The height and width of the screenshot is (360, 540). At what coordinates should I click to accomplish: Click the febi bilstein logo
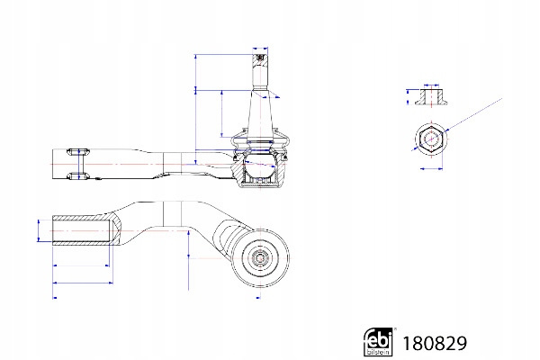click(x=378, y=341)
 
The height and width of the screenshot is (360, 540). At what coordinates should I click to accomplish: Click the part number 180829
click(x=435, y=344)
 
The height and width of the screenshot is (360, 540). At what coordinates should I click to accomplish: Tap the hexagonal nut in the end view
click(x=431, y=139)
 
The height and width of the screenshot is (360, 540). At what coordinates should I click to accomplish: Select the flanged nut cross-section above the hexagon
click(x=431, y=97)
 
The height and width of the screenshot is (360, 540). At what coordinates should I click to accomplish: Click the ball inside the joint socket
click(x=260, y=166)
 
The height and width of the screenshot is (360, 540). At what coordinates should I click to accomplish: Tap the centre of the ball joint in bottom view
click(x=260, y=257)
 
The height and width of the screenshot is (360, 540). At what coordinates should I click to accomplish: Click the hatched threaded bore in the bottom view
click(x=83, y=230)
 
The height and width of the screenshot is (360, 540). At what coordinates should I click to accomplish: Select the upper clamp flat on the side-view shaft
click(x=79, y=151)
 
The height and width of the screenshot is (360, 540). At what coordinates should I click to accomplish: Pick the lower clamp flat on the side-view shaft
click(x=79, y=175)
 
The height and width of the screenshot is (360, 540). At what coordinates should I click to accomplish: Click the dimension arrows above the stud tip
click(x=260, y=49)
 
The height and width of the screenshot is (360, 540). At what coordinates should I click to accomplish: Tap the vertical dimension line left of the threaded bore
click(x=39, y=230)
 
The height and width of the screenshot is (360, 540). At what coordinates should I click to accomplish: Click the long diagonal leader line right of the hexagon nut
click(x=472, y=114)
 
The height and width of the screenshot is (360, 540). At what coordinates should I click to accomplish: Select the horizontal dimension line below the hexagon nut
click(x=431, y=169)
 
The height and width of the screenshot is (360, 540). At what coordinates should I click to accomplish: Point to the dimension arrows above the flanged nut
click(x=431, y=85)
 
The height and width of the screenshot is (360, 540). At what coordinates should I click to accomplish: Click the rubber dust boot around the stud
click(x=260, y=141)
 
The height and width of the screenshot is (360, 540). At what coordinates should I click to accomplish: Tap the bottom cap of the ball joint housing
click(x=260, y=184)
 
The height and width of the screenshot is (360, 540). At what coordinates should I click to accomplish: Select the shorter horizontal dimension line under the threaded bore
click(x=81, y=265)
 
